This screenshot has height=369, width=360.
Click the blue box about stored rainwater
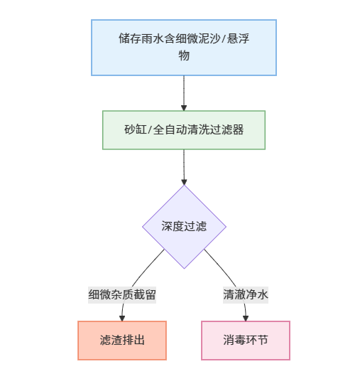(x=184, y=47)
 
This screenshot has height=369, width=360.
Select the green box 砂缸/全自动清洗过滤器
(x=184, y=130)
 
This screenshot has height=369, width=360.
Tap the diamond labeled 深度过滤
(x=184, y=227)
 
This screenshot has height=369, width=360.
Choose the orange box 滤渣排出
(x=122, y=341)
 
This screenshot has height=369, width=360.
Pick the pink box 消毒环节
(x=246, y=341)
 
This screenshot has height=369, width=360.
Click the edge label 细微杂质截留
(x=122, y=294)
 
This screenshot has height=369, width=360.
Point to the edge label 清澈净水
(x=246, y=294)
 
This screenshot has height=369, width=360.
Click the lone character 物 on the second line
(x=184, y=55)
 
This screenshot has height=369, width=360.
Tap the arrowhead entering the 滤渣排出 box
(x=123, y=317)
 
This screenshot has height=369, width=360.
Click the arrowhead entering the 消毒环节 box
(x=246, y=317)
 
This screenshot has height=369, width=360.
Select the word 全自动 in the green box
(x=170, y=130)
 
